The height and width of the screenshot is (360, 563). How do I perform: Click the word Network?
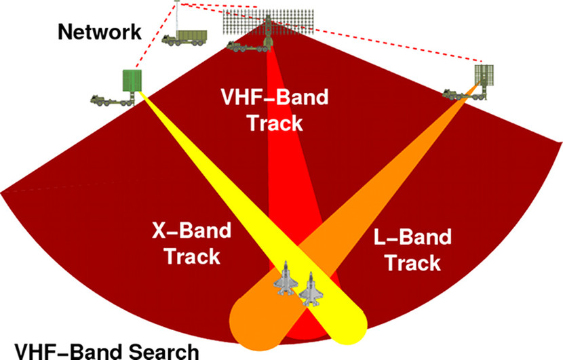[x=100, y=32]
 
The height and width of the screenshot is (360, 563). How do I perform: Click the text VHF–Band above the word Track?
[x=275, y=97]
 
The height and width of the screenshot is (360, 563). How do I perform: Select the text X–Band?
[x=191, y=231]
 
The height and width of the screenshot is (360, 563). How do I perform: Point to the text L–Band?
[x=412, y=237]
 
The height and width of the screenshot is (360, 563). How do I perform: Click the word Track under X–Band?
[x=192, y=256]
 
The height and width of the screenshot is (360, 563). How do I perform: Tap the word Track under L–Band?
[x=412, y=263]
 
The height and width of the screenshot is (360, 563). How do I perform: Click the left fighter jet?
[x=286, y=278]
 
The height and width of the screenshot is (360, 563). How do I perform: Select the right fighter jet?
[x=311, y=289]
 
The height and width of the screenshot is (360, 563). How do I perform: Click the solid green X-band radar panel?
[x=132, y=81]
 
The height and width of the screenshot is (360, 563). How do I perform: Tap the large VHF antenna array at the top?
[x=268, y=22]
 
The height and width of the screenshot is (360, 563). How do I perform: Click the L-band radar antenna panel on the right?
[x=484, y=76]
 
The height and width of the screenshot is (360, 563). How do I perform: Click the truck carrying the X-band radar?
[x=113, y=100]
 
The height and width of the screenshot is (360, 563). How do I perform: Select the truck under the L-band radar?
[x=464, y=94]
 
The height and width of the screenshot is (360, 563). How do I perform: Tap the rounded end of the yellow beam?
[x=350, y=327]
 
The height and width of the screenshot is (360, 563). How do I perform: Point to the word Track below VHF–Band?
[x=275, y=123]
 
